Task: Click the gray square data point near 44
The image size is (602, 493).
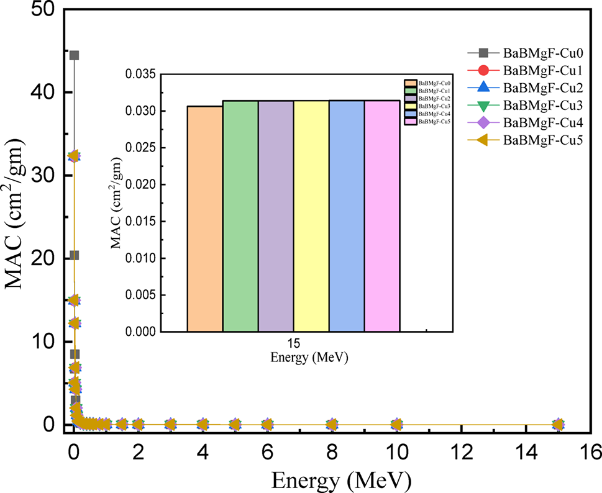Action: coord(74,55)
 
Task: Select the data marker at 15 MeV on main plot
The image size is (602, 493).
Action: coord(558,425)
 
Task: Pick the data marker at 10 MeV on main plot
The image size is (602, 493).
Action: coord(396,425)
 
